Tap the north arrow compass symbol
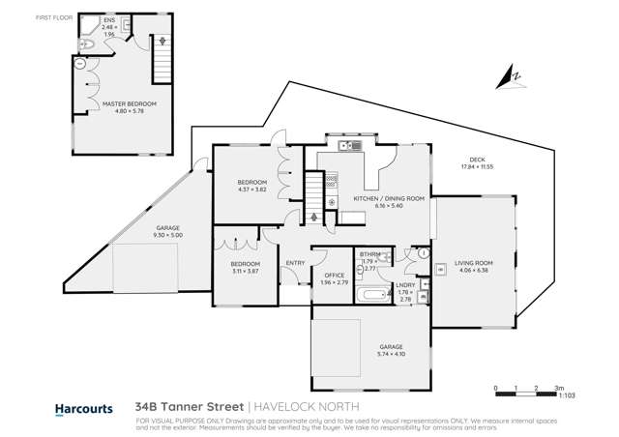point(513,74)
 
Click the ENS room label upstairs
point(108,19)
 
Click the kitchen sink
point(349,146)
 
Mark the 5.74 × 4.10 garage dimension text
point(392,351)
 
